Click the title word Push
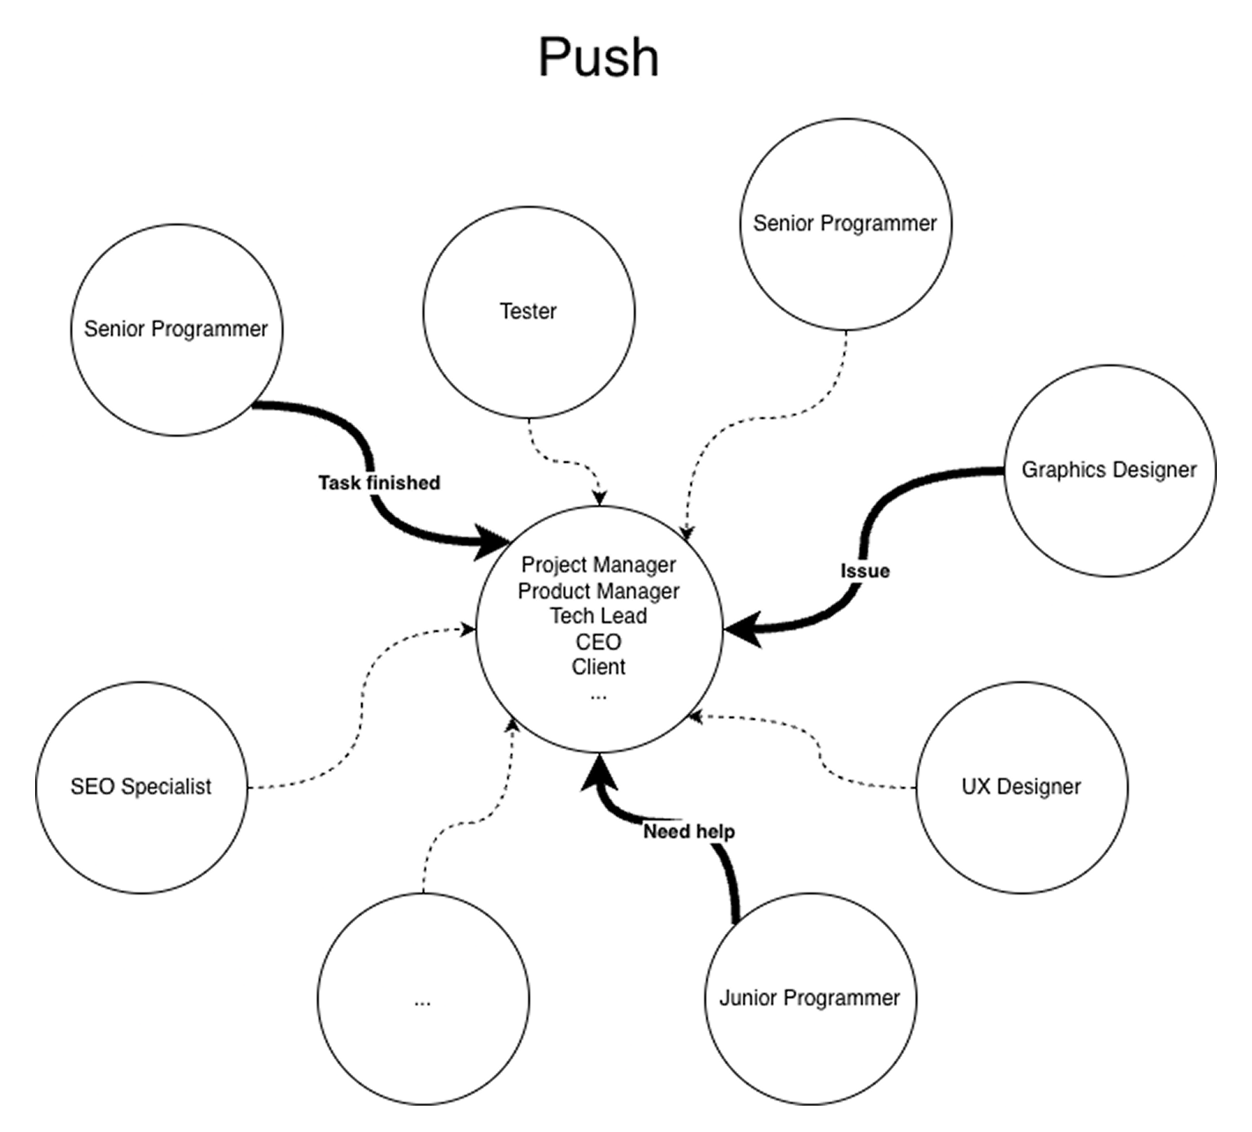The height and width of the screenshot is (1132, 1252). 598,57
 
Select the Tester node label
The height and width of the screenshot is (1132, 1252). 528,312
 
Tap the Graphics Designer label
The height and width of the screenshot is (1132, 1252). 1108,470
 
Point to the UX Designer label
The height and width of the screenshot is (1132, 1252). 1020,787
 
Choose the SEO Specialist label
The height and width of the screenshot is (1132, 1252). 141,787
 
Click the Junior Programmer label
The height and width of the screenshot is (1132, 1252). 809,998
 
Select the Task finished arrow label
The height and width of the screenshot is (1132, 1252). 379,483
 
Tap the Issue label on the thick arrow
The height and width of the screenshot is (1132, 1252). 865,571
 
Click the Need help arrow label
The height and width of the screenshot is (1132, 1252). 689,832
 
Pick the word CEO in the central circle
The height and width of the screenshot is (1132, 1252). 598,642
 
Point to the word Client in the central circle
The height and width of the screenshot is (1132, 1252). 598,667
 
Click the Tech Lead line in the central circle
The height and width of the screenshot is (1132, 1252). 598,616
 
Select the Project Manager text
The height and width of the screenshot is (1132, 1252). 598,565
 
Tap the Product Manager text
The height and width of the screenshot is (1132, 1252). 598,591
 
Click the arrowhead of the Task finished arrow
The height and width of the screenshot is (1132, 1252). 494,540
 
